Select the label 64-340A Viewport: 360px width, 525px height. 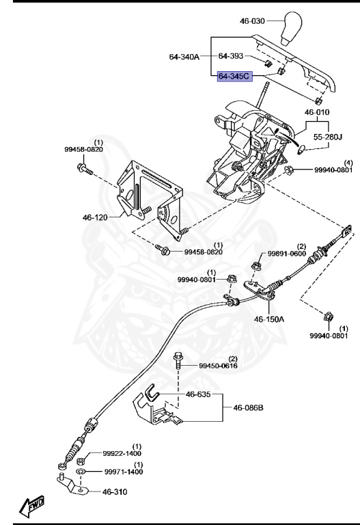pyautogui.click(x=184, y=57)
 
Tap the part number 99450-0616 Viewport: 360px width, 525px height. pyautogui.click(x=218, y=366)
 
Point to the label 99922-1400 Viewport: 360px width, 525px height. pyautogui.click(x=122, y=453)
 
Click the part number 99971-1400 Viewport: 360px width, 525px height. pyautogui.click(x=122, y=472)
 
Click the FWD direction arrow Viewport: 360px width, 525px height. pyautogui.click(x=32, y=504)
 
